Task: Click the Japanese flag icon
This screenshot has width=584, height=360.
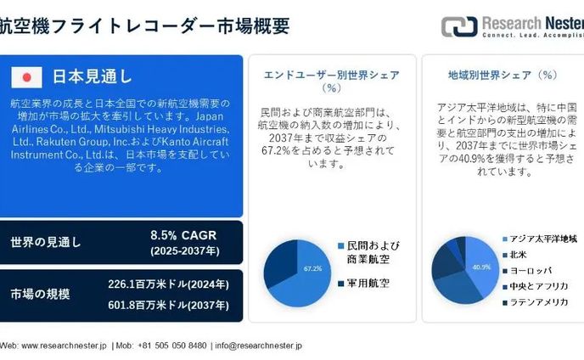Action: pyautogui.click(x=27, y=77)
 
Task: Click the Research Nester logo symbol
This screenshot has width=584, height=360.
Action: pyautogui.click(x=459, y=26)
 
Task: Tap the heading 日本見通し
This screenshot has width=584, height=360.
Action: pyautogui.click(x=93, y=77)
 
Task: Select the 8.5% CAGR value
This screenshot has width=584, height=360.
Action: pyautogui.click(x=183, y=234)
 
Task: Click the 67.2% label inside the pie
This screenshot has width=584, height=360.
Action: pyautogui.click(x=312, y=268)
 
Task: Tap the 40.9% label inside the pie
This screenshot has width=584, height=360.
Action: pyautogui.click(x=481, y=267)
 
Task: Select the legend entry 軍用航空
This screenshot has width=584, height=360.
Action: pyautogui.click(x=368, y=283)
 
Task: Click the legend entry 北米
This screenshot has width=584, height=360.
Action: pyautogui.click(x=518, y=254)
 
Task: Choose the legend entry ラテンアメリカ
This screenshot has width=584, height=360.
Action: pyautogui.click(x=538, y=301)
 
